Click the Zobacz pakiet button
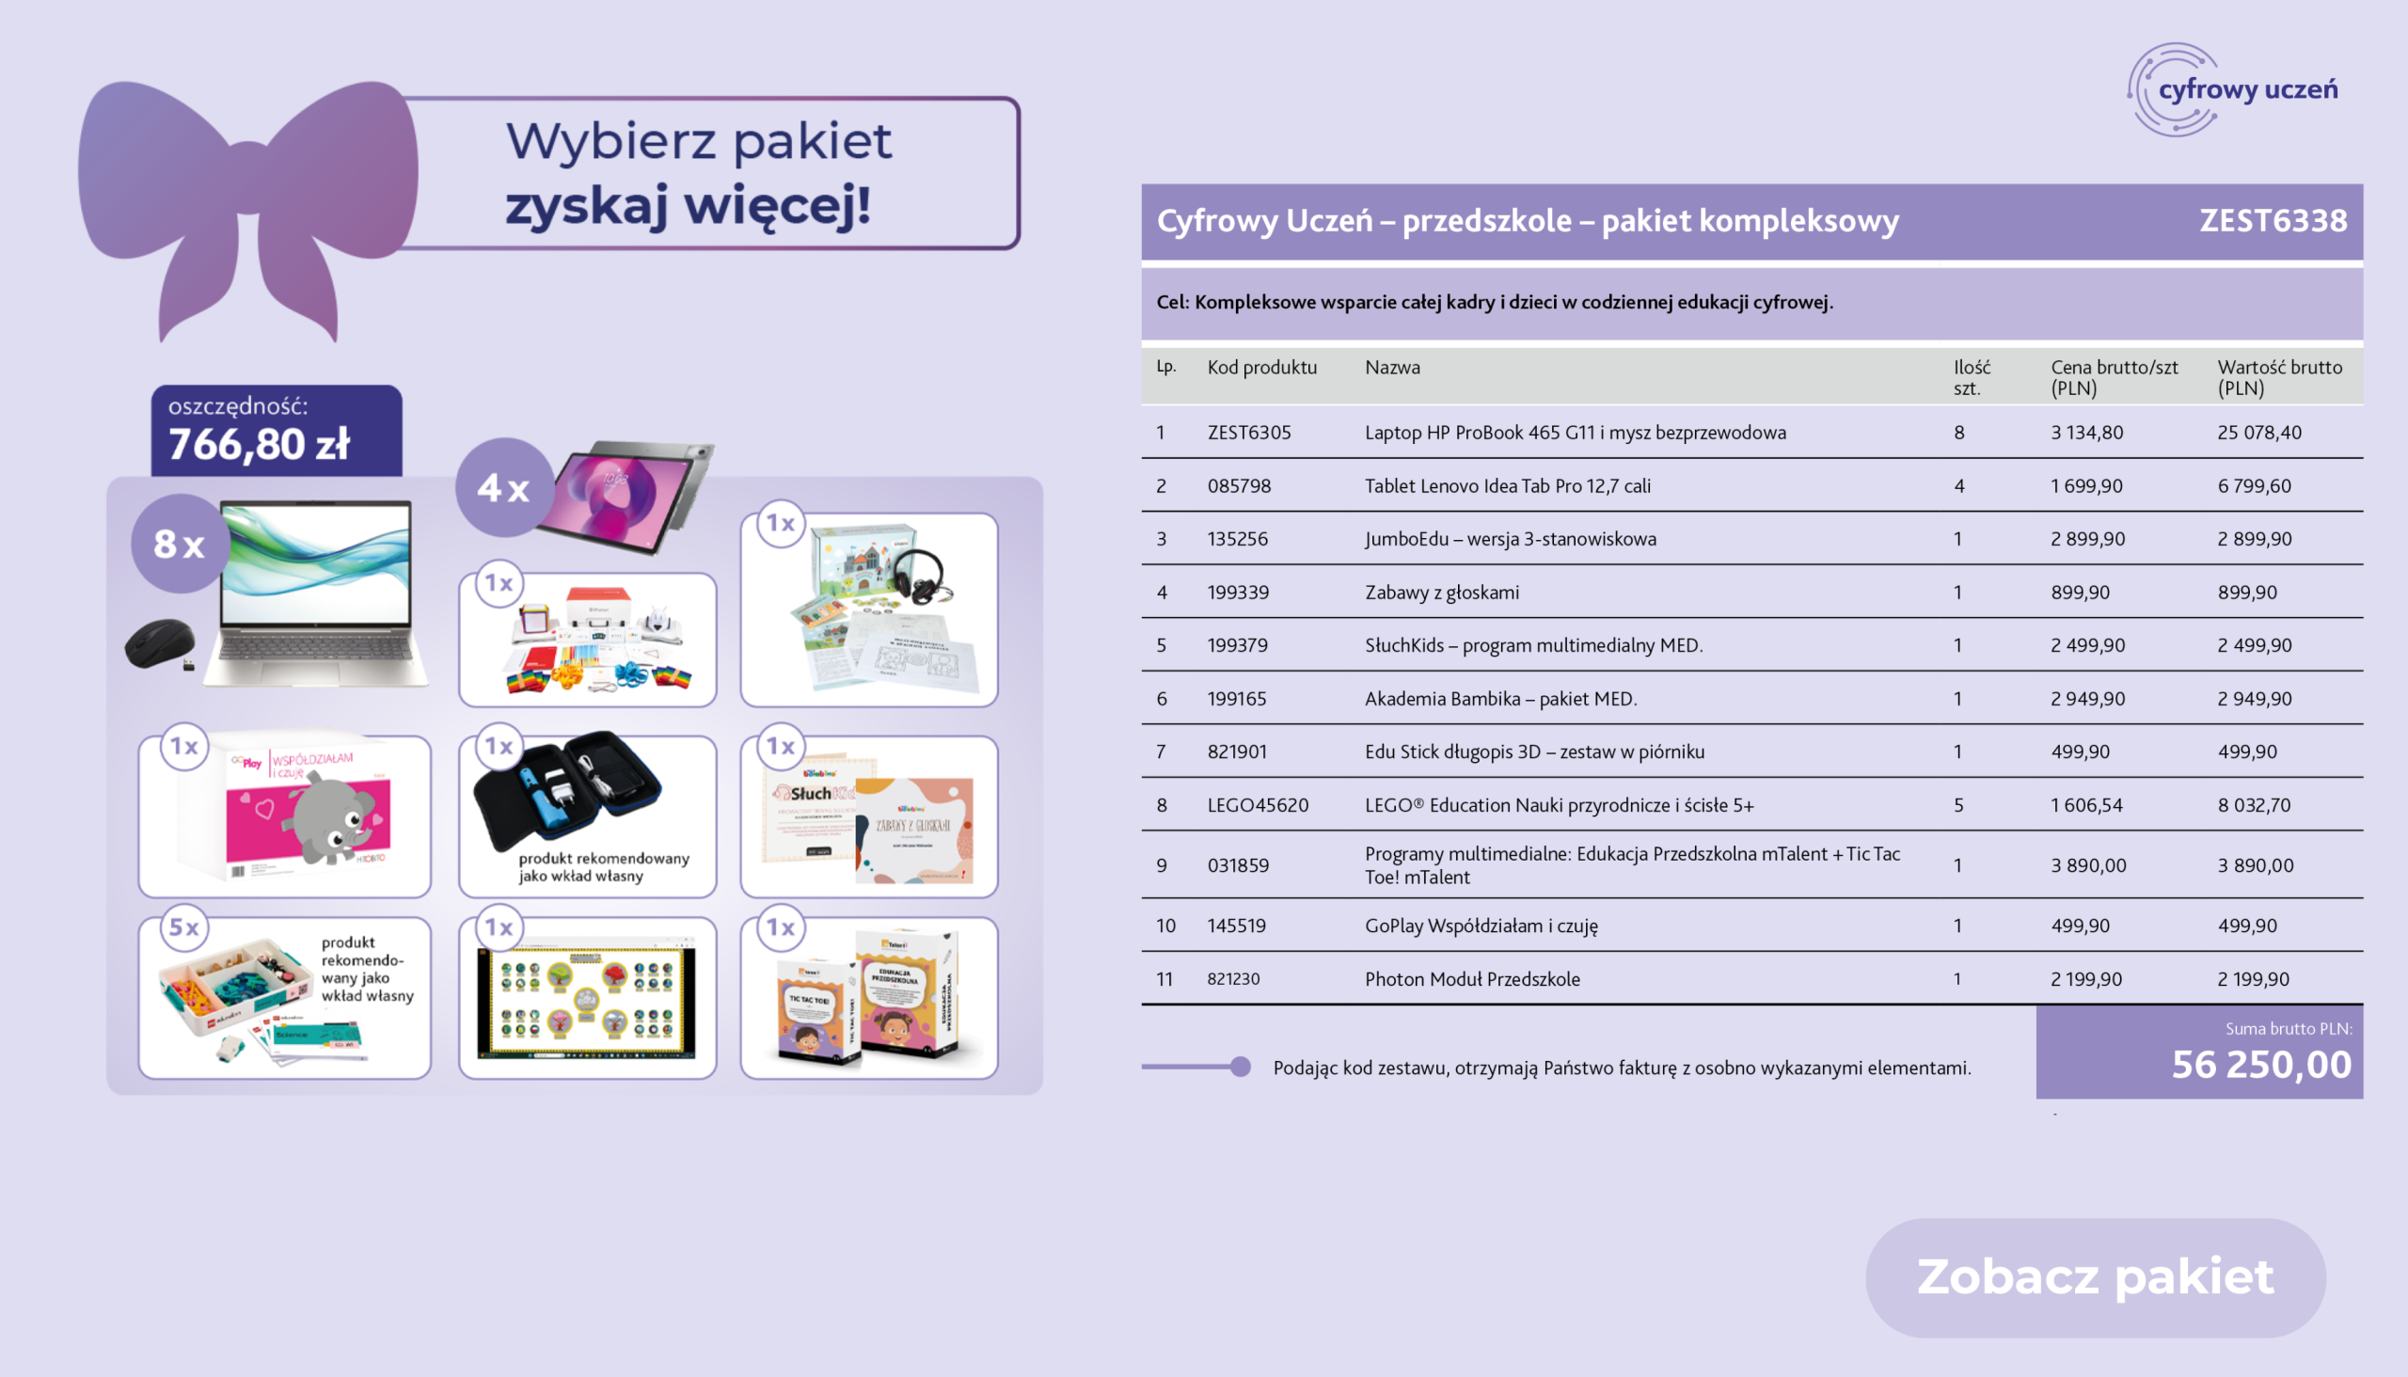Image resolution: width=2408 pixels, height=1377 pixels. coord(2094,1276)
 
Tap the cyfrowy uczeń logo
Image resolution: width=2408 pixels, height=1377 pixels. coord(2232,90)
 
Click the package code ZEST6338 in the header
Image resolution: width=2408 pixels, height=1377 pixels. coord(2272,220)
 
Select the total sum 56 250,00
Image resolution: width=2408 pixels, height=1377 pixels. coord(2260,1064)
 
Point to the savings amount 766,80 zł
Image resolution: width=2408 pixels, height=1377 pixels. coord(260,444)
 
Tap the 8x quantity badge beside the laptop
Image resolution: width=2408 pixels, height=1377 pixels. coord(179,544)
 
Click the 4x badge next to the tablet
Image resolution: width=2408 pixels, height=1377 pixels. coord(503,488)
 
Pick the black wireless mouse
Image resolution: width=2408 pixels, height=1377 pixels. coord(160,643)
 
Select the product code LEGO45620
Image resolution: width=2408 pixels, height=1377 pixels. coord(1257,805)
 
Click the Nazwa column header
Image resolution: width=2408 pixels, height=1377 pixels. coord(1391,367)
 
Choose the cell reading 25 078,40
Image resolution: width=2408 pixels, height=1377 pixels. coord(2258,433)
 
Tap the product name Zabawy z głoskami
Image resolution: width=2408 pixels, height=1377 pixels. coord(1440,592)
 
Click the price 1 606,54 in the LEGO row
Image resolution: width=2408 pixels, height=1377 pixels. coord(2085,805)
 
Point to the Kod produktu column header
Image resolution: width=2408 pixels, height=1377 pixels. coord(1260,367)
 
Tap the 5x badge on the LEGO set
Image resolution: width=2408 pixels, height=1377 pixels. coord(183,926)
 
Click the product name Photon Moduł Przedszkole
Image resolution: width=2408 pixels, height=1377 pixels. coord(1471,979)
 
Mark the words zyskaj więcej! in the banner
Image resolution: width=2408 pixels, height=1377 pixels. coord(687,205)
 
